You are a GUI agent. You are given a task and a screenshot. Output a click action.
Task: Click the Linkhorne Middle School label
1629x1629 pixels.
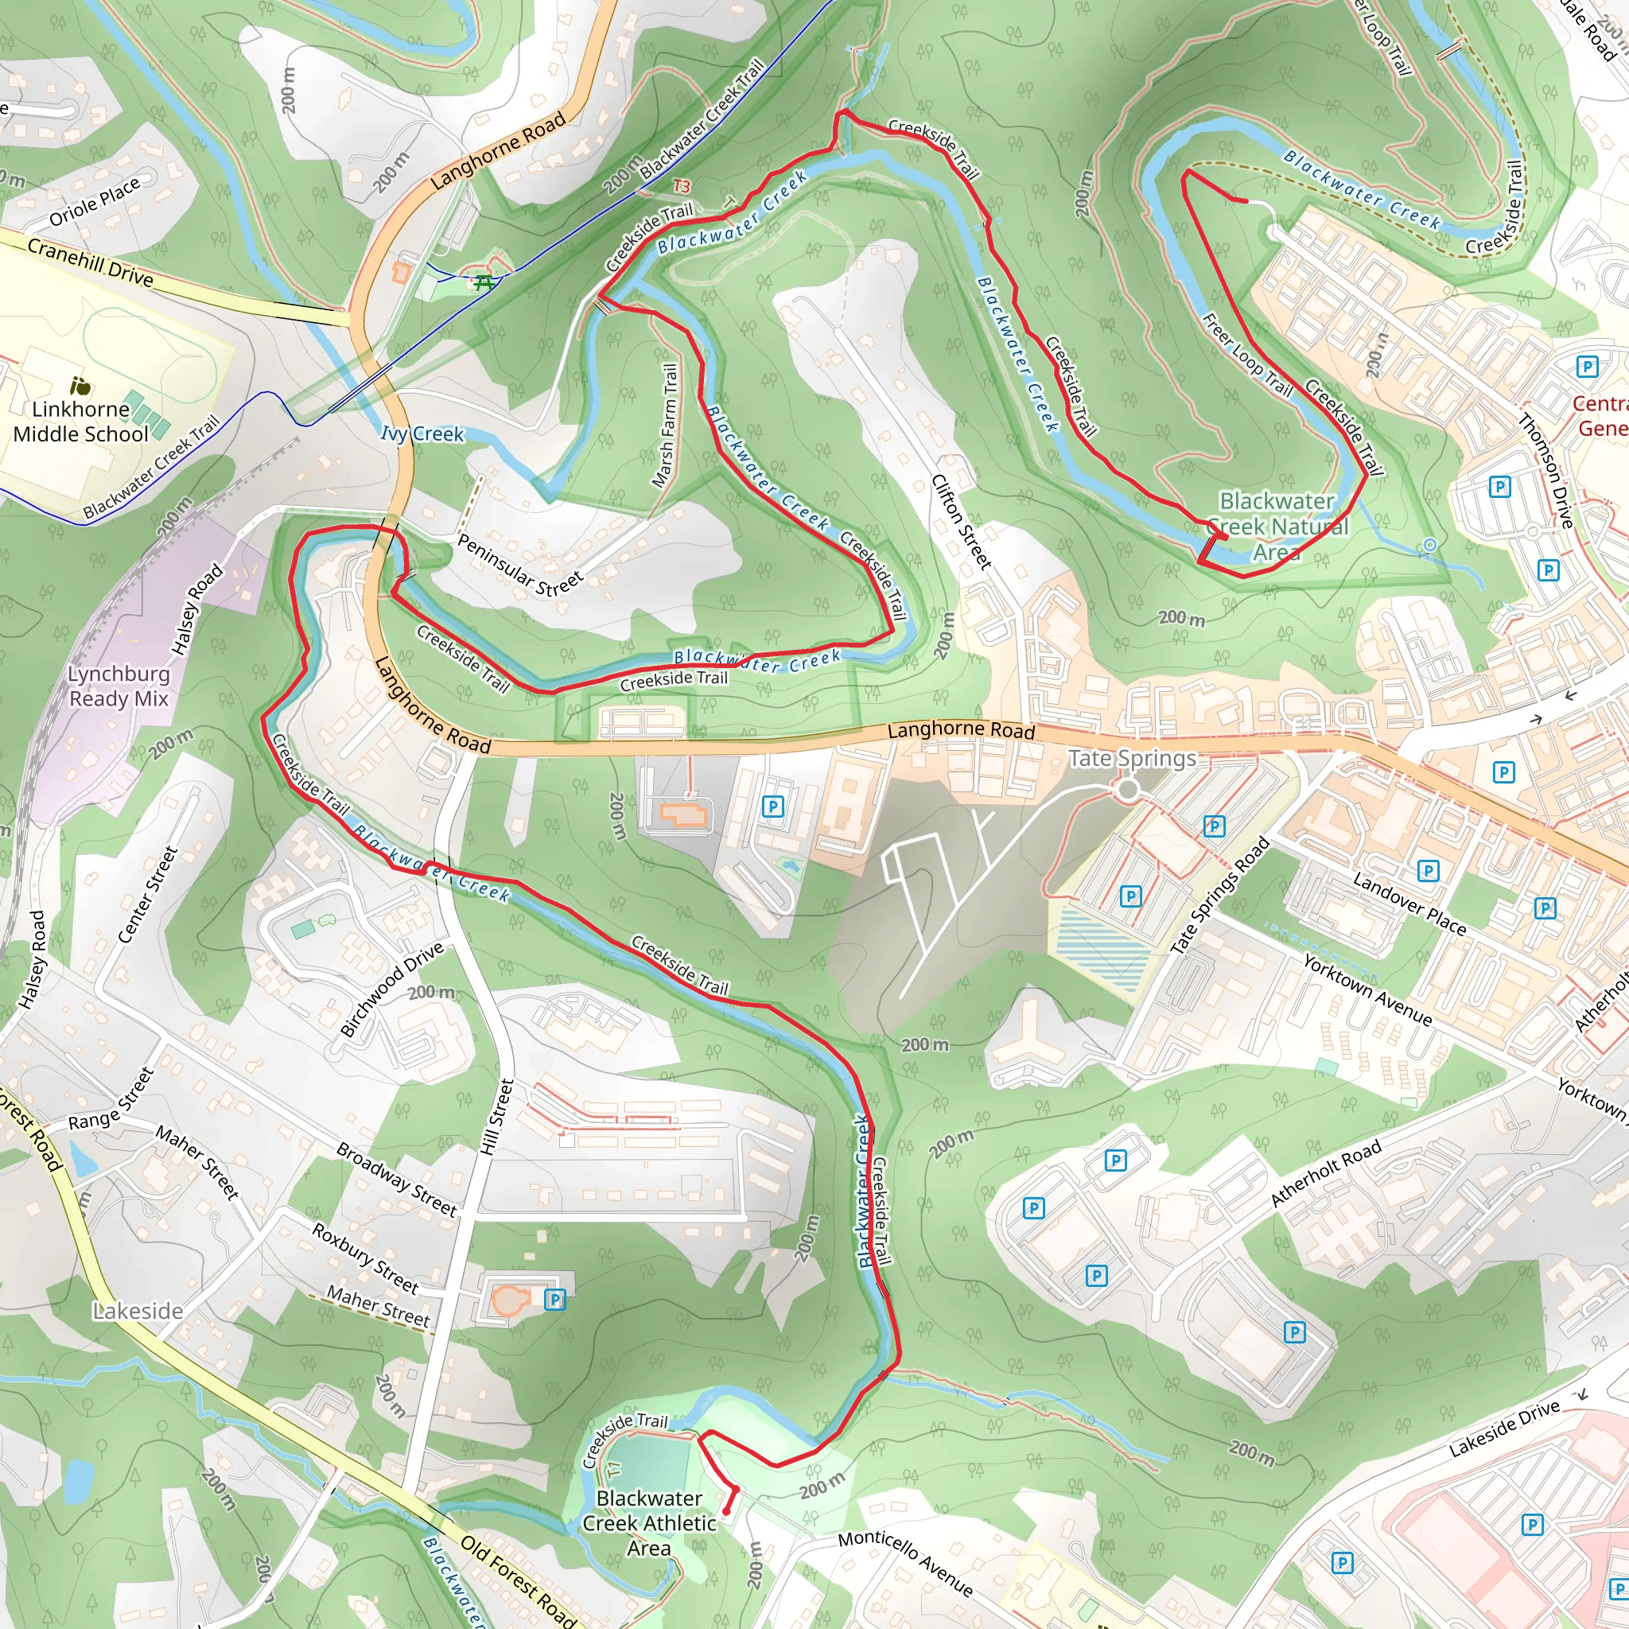point(81,422)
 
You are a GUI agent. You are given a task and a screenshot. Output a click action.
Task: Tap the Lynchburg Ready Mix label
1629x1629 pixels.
point(119,686)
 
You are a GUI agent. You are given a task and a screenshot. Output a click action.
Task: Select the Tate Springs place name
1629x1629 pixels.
point(1133,759)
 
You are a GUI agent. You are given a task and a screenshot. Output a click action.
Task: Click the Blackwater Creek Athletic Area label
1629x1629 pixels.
point(648,1522)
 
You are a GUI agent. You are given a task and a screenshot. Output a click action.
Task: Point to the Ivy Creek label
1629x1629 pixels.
point(422,434)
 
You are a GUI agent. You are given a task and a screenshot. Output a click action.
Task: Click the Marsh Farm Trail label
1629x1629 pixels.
point(665,426)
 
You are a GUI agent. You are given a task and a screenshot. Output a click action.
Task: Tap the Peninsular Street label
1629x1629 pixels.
point(519,565)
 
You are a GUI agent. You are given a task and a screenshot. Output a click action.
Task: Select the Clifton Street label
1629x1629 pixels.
point(960,521)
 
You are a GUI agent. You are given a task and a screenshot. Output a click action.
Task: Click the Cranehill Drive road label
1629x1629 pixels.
point(90,262)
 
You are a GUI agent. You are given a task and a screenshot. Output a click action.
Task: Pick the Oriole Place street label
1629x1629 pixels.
point(95,202)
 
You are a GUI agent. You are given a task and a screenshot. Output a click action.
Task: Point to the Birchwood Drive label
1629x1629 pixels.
point(391,989)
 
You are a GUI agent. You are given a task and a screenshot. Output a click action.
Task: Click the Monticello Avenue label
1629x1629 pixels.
point(905,1562)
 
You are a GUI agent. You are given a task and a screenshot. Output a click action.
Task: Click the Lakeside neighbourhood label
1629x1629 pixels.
point(138,1311)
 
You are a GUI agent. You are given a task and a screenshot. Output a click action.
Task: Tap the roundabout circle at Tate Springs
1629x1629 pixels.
point(1127,790)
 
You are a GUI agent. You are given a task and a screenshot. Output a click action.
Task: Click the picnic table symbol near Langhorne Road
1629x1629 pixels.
point(484,282)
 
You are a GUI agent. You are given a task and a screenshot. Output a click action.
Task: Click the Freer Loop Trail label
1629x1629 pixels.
point(1247,355)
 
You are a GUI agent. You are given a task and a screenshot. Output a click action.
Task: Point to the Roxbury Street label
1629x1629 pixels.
point(365,1259)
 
